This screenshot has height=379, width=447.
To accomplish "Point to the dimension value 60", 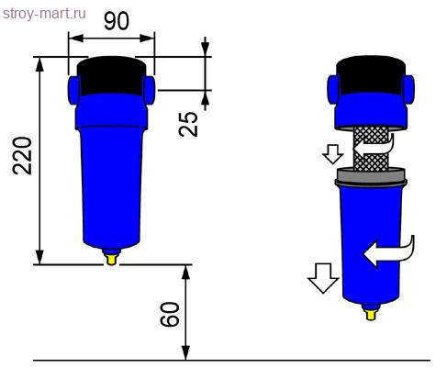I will coord(169,315).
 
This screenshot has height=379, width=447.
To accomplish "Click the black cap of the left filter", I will coord(111,75).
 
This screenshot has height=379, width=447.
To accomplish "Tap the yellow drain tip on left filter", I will coord(112,259).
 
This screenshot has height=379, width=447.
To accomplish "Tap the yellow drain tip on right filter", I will coord(371,314).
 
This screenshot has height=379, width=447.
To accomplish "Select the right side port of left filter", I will coord(150,87).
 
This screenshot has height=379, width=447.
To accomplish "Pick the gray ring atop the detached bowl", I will coord(371,176).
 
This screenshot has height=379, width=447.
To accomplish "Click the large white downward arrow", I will coord(321,276).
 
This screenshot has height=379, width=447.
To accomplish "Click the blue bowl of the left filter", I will coord(111,184).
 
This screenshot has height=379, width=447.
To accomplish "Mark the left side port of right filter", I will coord(334,87).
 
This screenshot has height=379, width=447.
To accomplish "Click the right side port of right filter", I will coord(408,87).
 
